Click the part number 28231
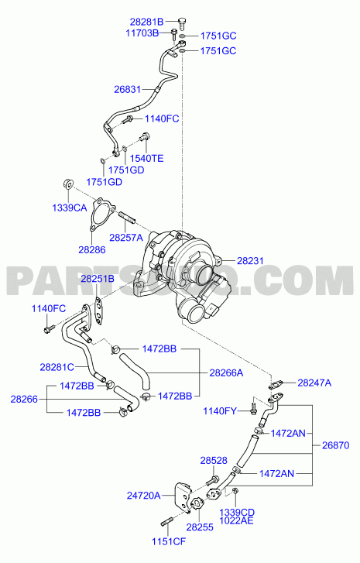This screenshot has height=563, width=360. point(250,261)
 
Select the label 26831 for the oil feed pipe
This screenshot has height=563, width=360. point(128,89)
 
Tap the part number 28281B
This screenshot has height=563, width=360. point(146,22)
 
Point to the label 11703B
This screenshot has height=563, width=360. point(142,33)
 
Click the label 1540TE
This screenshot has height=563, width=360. point(146,158)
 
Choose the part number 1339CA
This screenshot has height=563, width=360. point(70,208)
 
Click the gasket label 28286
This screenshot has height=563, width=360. point(92,249)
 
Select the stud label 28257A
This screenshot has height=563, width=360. point(126,237)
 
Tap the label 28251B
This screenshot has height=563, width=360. point(98,279)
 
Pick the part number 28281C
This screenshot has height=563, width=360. point(57,367)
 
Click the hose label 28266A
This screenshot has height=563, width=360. point(227,373)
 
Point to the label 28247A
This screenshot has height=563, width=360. point(314,383)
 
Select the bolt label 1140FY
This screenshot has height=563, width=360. point(220,411)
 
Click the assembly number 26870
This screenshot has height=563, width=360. point(335,445)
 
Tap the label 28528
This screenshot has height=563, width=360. point(214,460)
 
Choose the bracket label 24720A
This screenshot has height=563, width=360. point(143,496)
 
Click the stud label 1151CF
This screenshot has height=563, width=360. point(169,541)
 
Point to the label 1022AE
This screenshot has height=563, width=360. point(236,520)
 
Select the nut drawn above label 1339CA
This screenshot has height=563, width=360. point(67,183)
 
